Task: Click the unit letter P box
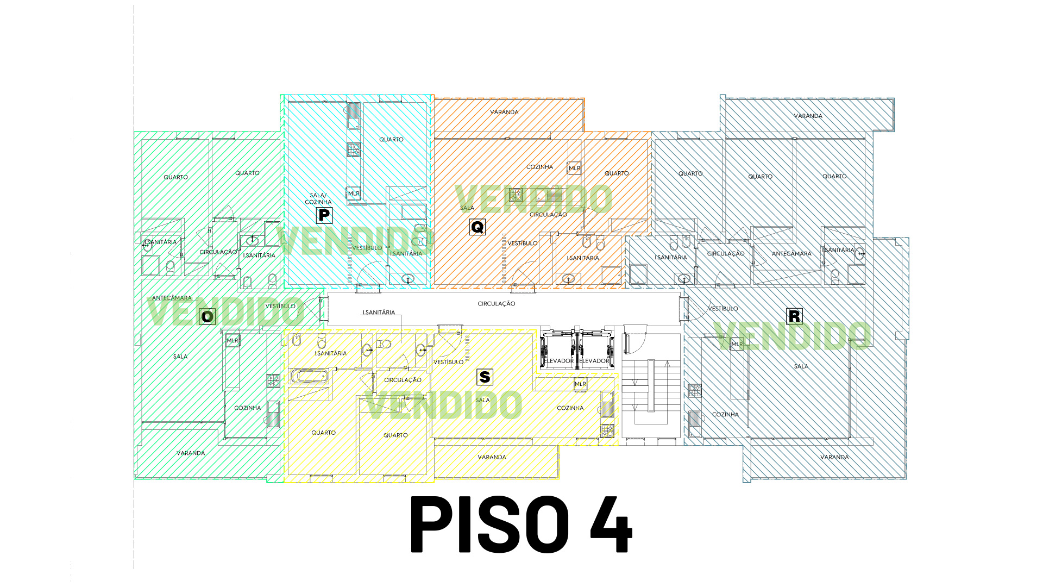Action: pyautogui.click(x=324, y=215)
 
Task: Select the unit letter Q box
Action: pyautogui.click(x=477, y=227)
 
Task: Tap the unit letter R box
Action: pyautogui.click(x=794, y=316)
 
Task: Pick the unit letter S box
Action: pyautogui.click(x=485, y=377)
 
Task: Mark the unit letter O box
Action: pyautogui.click(x=207, y=316)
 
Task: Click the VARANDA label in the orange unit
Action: pyautogui.click(x=504, y=113)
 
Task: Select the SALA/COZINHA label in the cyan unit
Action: pyautogui.click(x=318, y=198)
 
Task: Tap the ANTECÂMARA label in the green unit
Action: pyautogui.click(x=172, y=298)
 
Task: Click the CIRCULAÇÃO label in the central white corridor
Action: pyautogui.click(x=497, y=304)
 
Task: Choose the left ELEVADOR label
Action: pyautogui.click(x=559, y=361)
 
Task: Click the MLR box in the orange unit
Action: pyautogui.click(x=574, y=168)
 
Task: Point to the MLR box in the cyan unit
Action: pyautogui.click(x=354, y=193)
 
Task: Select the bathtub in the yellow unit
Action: pyautogui.click(x=310, y=376)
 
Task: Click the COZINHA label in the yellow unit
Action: pyautogui.click(x=570, y=408)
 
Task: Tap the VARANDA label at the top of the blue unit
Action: pyautogui.click(x=808, y=116)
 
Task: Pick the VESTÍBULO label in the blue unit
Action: pyautogui.click(x=723, y=309)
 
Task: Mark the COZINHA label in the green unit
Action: pyautogui.click(x=247, y=408)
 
